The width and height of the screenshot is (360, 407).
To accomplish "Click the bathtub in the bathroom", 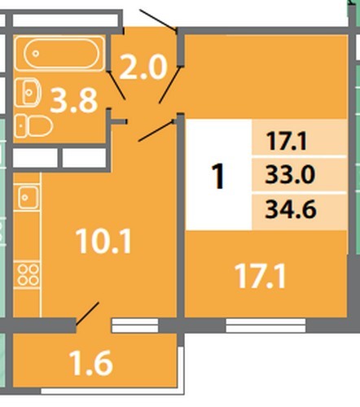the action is pos(59,53).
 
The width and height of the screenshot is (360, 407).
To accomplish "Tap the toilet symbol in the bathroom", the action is pos(33,126).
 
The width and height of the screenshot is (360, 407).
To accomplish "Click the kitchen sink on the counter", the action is pos(29,197).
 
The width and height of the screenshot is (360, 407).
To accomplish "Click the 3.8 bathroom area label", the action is pos(74,100).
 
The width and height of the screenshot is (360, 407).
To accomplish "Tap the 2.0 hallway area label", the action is pos(143,67).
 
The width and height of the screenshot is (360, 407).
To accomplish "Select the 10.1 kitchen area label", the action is pos(103,241).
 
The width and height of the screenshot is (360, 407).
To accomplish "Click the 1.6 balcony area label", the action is pos(90,363).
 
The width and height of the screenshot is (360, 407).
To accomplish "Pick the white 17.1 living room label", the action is pos(260,276).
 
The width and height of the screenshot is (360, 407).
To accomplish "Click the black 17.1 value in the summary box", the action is pos(287,141).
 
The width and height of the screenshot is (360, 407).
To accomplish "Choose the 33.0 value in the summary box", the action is pos(290,174).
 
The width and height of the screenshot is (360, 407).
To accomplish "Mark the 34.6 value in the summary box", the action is pos(291,209).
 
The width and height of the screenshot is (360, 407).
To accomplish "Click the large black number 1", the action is pos(218,176).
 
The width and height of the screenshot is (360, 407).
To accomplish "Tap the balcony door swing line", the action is pos(87,313).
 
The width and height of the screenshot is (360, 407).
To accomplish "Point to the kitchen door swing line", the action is pos(156,131).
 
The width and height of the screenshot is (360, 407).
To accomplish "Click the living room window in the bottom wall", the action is pos(266,326).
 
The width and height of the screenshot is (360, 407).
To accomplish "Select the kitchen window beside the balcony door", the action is pos(135,326).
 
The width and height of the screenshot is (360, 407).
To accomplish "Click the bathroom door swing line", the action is pos(116,85).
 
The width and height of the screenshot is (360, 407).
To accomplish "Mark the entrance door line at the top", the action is pos(158,20).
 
